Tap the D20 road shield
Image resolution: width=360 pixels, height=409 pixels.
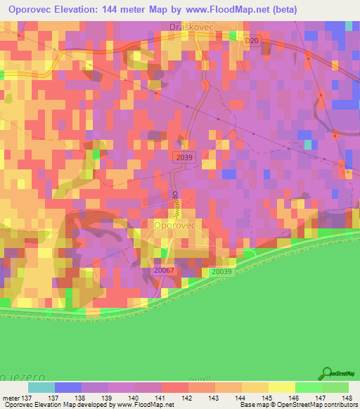coord(252,41)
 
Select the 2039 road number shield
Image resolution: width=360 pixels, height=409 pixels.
coord(185,159)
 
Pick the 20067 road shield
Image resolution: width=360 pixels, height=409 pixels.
coord(163,268)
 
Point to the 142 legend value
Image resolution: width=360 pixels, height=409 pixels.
coord(187,398)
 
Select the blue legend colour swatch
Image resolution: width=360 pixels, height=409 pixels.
coord(67,387)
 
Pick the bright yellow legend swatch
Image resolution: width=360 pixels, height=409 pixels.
coord(281,387)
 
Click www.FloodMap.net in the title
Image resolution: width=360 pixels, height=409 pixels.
coord(226,10)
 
